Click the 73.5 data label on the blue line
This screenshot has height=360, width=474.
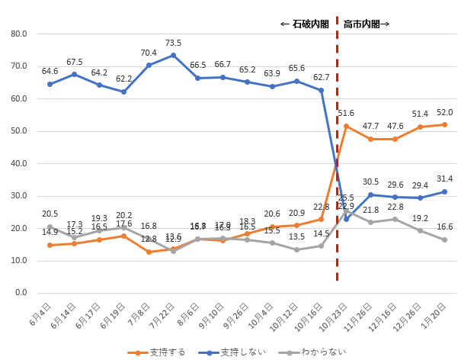pyautogui.click(x=173, y=43)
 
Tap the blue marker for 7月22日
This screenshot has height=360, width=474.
pyautogui.click(x=173, y=55)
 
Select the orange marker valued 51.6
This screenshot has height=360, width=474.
pyautogui.click(x=346, y=126)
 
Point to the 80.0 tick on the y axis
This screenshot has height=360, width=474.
pyautogui.click(x=19, y=34)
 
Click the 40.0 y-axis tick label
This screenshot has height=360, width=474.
pyautogui.click(x=19, y=163)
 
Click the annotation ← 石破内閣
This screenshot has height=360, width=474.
pyautogui.click(x=305, y=24)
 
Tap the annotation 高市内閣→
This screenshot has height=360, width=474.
pyautogui.click(x=367, y=24)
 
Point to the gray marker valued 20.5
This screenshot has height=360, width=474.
pyautogui.click(x=50, y=227)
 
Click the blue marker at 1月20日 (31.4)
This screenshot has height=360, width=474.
pyautogui.click(x=444, y=191)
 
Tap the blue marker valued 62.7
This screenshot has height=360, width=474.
pyautogui.click(x=321, y=90)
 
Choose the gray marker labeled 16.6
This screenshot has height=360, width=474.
pyautogui.click(x=444, y=239)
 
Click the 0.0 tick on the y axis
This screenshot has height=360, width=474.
pyautogui.click(x=21, y=293)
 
